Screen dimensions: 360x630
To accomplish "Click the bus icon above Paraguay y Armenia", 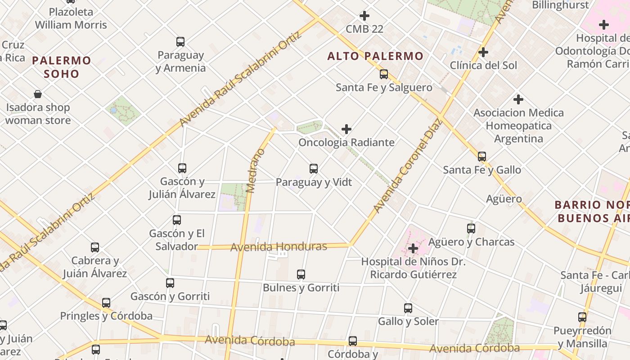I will (180, 42).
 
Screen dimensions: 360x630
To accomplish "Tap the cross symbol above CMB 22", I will (364, 16).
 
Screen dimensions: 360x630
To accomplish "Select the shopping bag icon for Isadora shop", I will (38, 94).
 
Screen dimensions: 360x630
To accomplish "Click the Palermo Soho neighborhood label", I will (62, 67).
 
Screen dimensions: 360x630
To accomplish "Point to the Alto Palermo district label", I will (375, 56).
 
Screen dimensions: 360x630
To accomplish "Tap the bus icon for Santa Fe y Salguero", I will (384, 74).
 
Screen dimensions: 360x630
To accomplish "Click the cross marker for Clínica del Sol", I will (483, 52).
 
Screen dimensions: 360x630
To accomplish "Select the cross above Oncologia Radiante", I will (346, 130).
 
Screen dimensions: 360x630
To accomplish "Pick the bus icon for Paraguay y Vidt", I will (314, 169).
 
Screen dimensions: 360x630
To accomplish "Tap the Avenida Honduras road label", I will (279, 247).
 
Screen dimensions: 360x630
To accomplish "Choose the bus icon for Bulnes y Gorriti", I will (301, 274).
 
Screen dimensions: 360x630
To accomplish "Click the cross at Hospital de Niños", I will (413, 248).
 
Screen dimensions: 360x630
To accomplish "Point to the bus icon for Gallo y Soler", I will (408, 308).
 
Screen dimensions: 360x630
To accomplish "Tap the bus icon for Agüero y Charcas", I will (471, 229).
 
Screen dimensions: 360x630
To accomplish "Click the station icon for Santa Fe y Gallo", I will (482, 157).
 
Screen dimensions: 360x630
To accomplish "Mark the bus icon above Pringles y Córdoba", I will (106, 303).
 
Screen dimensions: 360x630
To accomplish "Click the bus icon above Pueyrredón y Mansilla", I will (582, 317).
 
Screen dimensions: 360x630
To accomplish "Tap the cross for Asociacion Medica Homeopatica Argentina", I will (518, 99).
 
